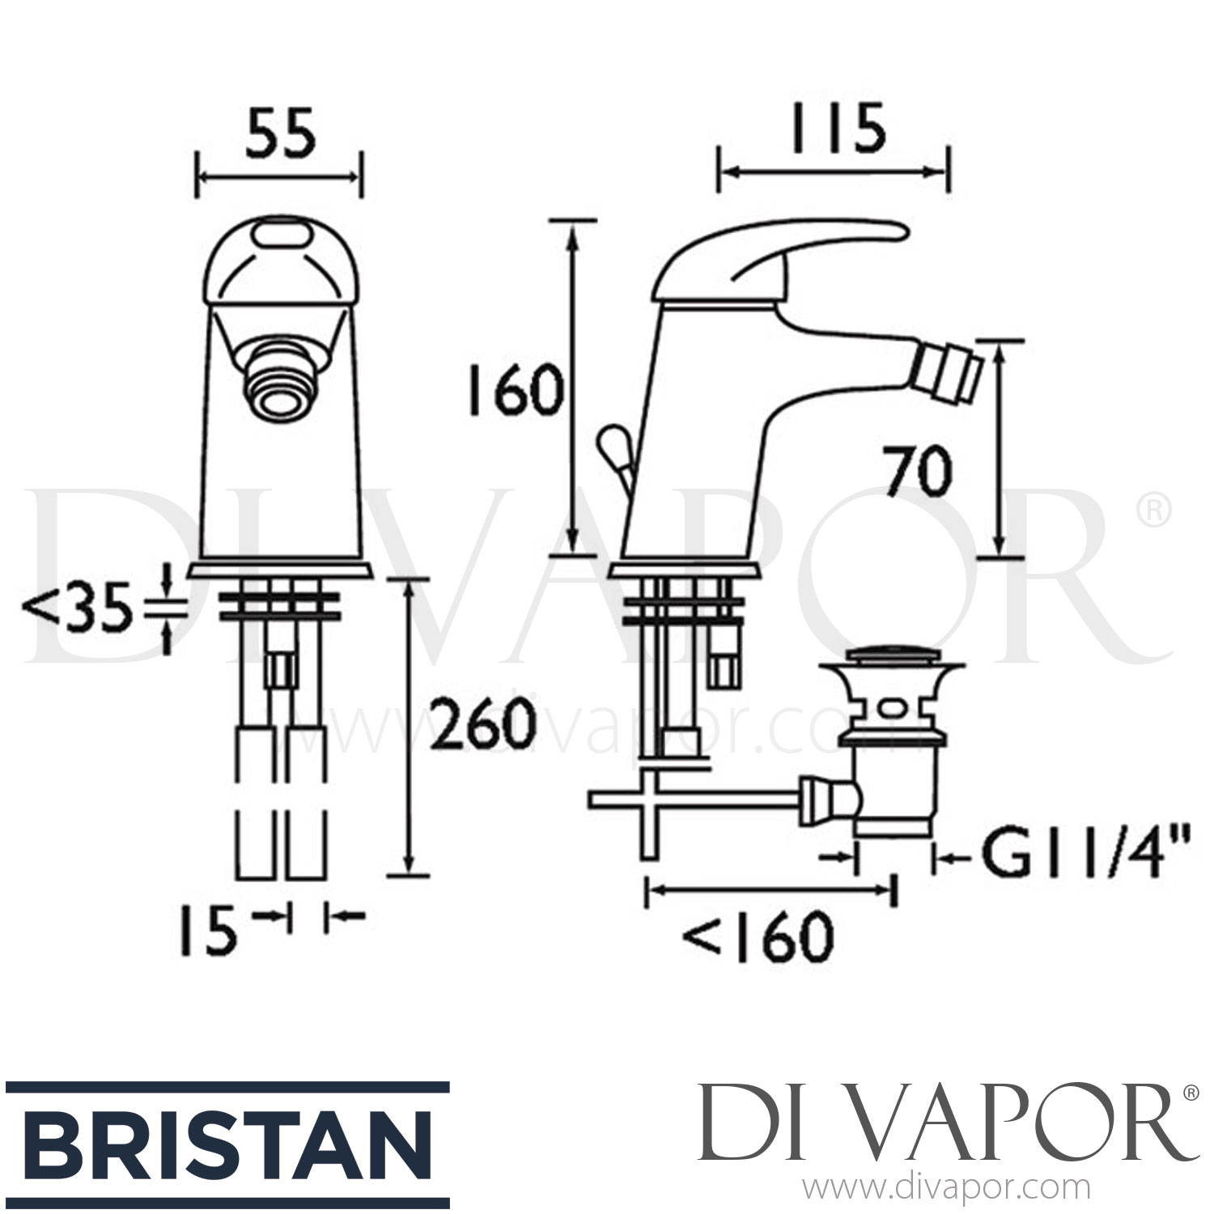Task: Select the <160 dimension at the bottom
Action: point(757,937)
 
